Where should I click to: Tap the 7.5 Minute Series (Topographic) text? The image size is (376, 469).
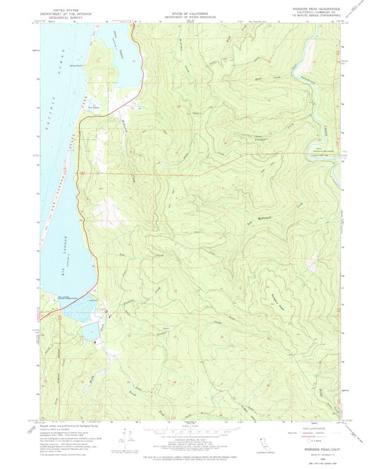pos(311,18)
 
